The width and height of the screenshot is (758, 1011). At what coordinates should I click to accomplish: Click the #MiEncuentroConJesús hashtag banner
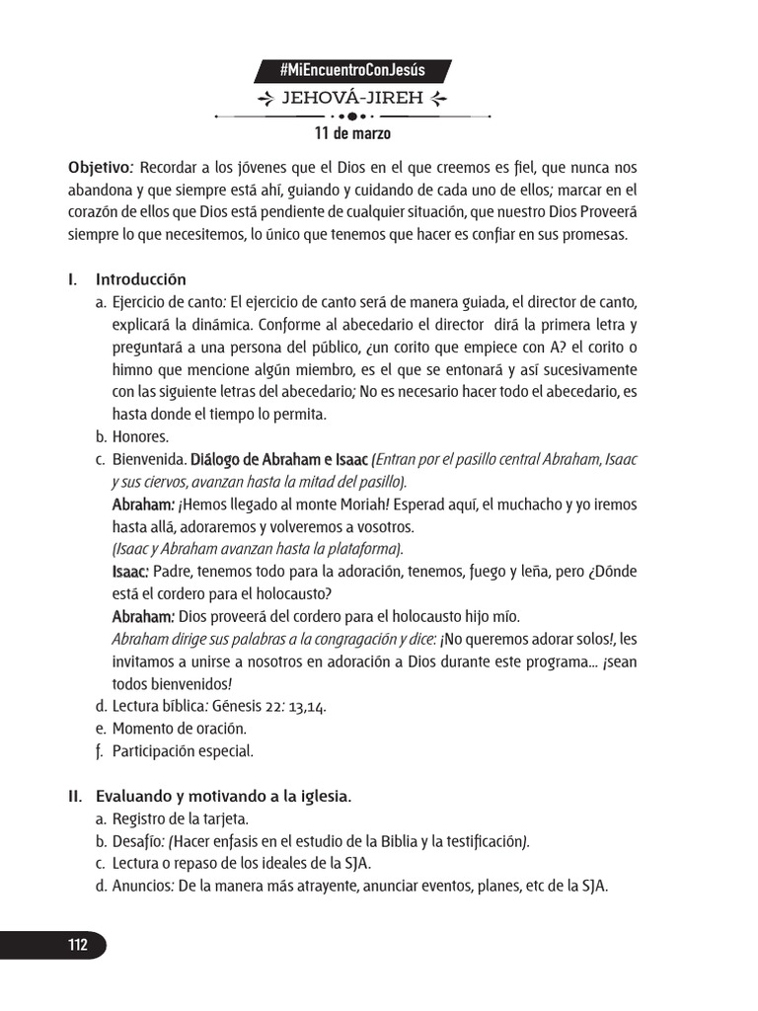[352, 70]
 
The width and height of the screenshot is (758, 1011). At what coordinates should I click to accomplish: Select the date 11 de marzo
[351, 133]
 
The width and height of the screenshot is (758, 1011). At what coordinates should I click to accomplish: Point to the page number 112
[78, 945]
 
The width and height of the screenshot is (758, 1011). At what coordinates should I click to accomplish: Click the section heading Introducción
[140, 279]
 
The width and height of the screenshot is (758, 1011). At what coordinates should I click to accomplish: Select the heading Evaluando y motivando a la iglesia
[223, 795]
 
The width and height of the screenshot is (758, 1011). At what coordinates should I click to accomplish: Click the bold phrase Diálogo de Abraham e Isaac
[279, 460]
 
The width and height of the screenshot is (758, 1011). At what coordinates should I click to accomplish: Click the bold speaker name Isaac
[130, 572]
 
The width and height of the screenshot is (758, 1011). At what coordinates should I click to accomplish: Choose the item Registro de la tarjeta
[180, 818]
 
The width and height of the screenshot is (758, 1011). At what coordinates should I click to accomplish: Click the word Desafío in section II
[137, 841]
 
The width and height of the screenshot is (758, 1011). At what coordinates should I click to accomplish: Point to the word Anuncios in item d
[142, 886]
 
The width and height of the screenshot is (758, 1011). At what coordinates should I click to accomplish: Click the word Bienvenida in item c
[148, 460]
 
